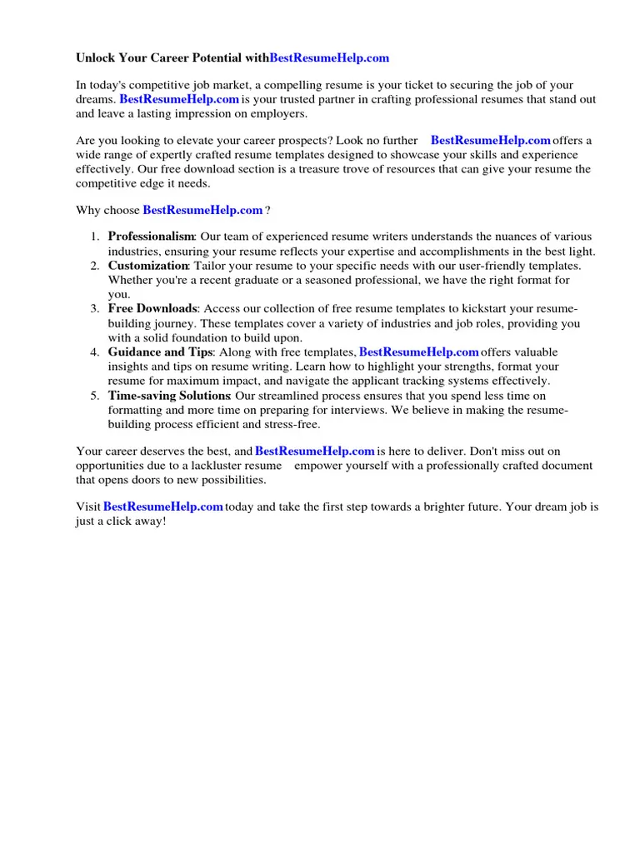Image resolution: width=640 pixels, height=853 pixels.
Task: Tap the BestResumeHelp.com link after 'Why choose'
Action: pos(202,211)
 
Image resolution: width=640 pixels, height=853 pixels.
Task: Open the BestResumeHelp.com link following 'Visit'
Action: pos(162,506)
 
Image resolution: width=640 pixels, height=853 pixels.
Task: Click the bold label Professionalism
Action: pos(151,237)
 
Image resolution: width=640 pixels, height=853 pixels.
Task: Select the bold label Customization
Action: pos(148,266)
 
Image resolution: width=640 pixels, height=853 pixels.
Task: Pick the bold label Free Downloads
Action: pos(152,309)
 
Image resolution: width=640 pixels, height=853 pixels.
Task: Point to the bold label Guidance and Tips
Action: pos(160,352)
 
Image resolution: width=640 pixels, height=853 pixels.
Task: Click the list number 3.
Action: pos(95,309)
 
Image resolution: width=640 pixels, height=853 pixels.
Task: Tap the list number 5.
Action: pos(95,396)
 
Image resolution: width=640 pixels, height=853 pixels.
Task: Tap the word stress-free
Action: pos(292,424)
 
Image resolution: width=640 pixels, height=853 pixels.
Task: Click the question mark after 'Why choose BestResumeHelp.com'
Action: pos(267,211)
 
